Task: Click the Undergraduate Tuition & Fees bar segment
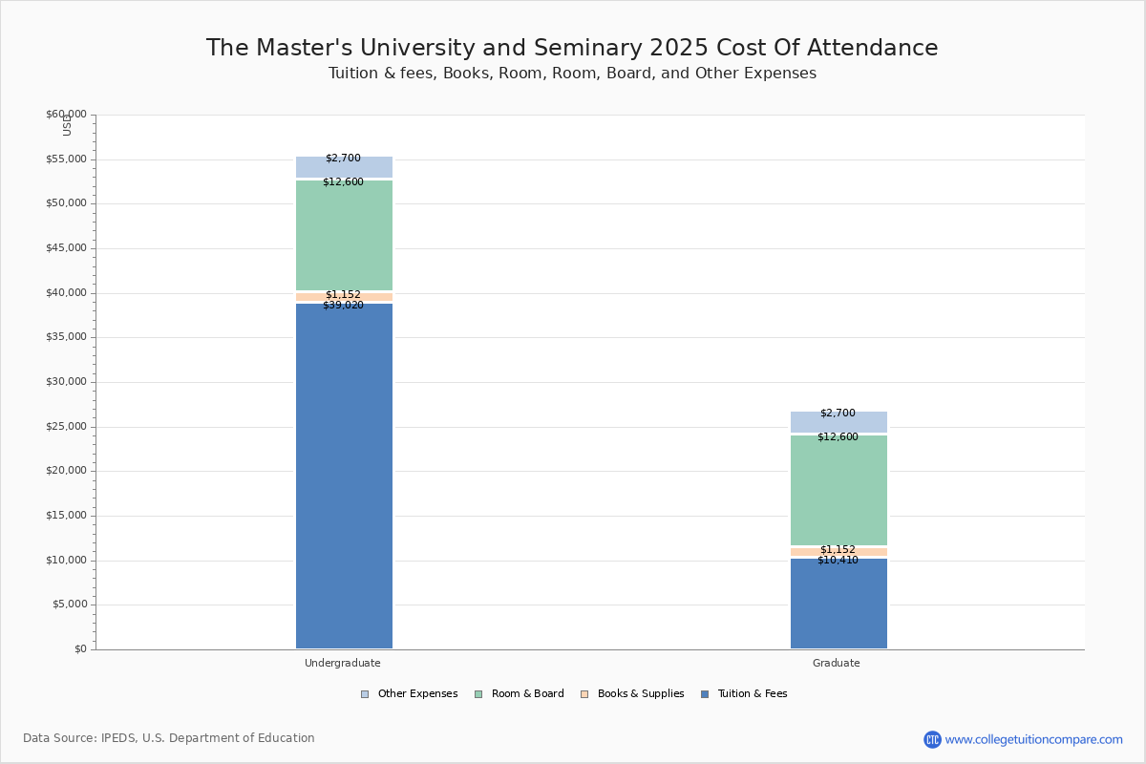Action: [344, 477]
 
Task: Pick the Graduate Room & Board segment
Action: [838, 490]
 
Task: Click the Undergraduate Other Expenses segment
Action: [344, 168]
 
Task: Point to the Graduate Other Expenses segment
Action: [838, 423]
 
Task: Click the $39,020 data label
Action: [343, 306]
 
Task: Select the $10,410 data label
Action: [838, 561]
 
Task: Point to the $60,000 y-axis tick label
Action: [66, 115]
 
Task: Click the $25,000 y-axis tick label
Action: [66, 427]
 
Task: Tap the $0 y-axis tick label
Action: [79, 649]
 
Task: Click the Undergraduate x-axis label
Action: [343, 663]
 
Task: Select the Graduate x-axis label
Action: [837, 663]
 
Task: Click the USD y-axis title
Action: [67, 125]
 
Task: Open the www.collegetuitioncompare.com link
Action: [1033, 739]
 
